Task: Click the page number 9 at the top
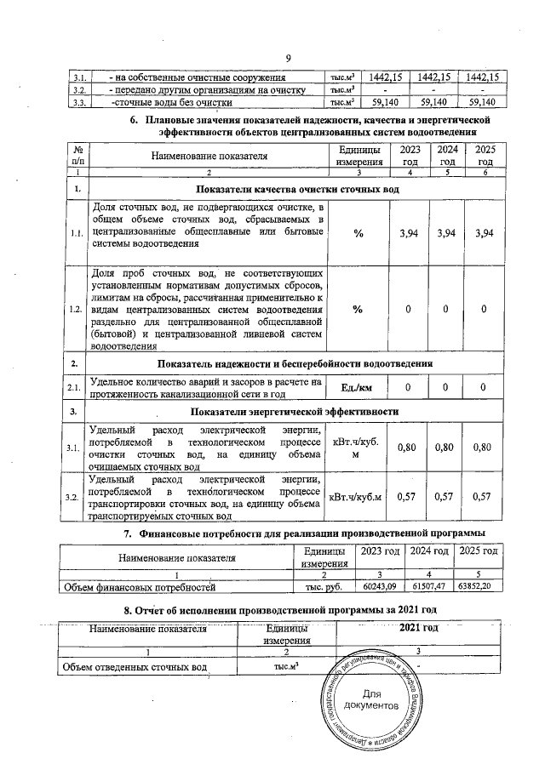coord(288,58)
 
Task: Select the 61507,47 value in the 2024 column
coord(428,586)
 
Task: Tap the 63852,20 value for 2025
coord(477,586)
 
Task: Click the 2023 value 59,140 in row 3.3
coord(387,102)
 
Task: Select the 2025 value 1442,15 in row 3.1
coord(477,77)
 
